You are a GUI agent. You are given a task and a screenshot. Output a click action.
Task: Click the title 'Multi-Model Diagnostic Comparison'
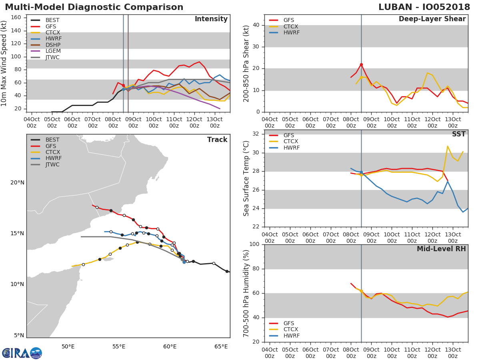click(x=94, y=7)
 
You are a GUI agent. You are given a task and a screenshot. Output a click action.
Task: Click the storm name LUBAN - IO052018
click(x=424, y=7)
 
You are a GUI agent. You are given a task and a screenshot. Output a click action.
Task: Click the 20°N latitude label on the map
click(x=17, y=182)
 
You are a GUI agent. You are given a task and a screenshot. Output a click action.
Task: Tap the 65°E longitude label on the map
click(x=221, y=346)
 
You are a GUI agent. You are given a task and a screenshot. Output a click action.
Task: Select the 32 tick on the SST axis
click(x=256, y=134)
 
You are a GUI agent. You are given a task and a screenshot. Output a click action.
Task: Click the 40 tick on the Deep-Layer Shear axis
click(x=256, y=25)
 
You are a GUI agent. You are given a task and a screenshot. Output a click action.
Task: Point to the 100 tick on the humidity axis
click(x=254, y=244)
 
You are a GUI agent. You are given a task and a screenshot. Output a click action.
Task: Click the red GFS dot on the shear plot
click(x=361, y=65)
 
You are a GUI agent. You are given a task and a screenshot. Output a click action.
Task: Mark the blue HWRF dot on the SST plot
click(x=361, y=172)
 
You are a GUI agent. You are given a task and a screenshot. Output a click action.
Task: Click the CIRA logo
click(x=22, y=353)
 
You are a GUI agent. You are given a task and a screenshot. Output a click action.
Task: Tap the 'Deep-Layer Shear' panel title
click(x=432, y=19)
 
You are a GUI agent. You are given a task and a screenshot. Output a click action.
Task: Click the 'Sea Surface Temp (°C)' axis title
click(x=246, y=178)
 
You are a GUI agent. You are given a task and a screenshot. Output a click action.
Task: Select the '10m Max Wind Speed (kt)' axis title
click(x=4, y=63)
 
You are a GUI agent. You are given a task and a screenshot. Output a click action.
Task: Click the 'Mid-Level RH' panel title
click(x=441, y=249)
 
